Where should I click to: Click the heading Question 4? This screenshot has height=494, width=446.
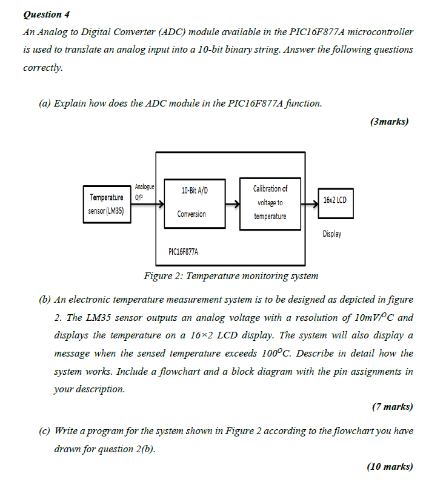(x=42, y=14)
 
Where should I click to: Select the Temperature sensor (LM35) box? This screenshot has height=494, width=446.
(x=107, y=205)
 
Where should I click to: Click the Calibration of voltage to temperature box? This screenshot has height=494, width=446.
(x=270, y=203)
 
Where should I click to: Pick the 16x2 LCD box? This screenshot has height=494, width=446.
(x=335, y=200)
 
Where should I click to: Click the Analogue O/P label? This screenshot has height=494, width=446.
(x=144, y=191)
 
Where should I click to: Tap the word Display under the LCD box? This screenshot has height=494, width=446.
(x=331, y=234)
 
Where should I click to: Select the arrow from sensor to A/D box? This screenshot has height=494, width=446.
(x=148, y=205)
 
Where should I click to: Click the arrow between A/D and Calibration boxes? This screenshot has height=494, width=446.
(x=232, y=205)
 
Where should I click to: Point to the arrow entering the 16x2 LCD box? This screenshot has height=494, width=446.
(x=309, y=205)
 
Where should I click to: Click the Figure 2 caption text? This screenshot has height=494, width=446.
(x=230, y=276)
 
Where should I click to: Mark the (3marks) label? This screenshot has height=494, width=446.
(x=388, y=122)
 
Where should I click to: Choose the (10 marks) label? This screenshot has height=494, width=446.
(x=390, y=466)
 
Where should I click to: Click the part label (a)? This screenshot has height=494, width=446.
(x=45, y=104)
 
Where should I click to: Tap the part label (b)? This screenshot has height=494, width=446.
(x=45, y=299)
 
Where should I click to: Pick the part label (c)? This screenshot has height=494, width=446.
(x=45, y=431)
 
